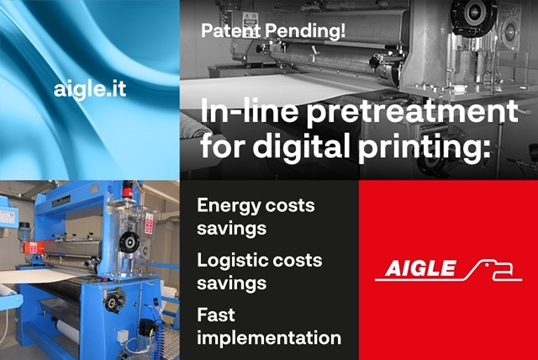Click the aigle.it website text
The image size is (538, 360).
click(90, 89)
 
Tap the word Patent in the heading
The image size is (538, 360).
click(230, 30)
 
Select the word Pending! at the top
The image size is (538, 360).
click(305, 32)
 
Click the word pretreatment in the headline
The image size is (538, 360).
click(412, 112)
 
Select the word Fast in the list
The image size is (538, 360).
click(216, 315)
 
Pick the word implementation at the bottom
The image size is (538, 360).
click(269, 338)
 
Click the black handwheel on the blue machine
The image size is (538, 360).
click(129, 241)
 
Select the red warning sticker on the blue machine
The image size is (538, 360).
click(149, 224)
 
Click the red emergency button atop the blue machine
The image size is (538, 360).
click(128, 190)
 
